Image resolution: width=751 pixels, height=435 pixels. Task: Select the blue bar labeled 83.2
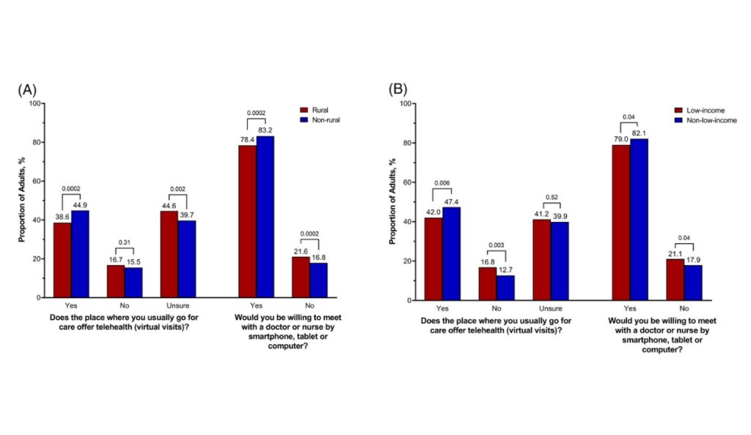pyautogui.click(x=265, y=217)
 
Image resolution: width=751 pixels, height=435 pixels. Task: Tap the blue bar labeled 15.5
pyautogui.click(x=133, y=283)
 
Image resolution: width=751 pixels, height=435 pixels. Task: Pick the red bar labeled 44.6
pyautogui.click(x=169, y=254)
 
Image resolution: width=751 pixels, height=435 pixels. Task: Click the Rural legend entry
pyautogui.click(x=318, y=109)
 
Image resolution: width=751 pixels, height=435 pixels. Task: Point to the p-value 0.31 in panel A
pyautogui.click(x=124, y=242)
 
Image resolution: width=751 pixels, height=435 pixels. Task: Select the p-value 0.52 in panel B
pyautogui.click(x=551, y=196)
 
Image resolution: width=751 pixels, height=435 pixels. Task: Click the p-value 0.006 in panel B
pyautogui.click(x=443, y=183)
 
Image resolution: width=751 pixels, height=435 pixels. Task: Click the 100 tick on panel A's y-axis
pyautogui.click(x=34, y=103)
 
